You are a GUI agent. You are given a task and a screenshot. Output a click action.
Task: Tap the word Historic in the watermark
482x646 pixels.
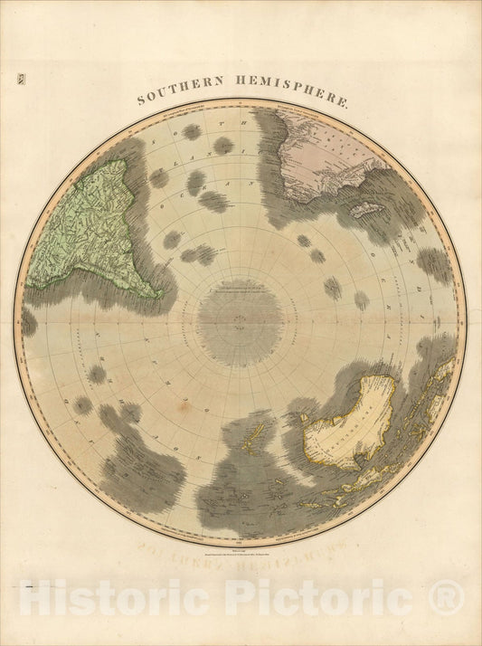[x=117, y=598]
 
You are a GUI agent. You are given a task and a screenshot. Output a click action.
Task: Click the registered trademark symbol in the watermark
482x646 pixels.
[x=446, y=596]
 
